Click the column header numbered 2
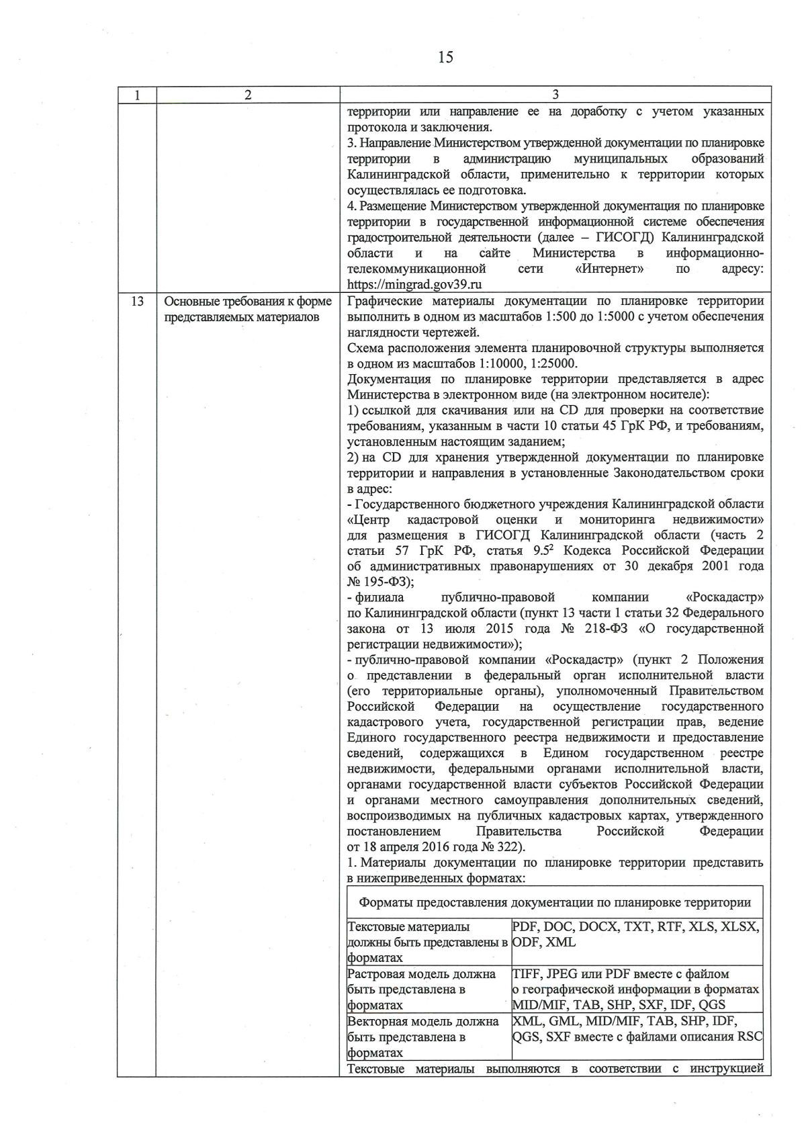pyautogui.click(x=248, y=95)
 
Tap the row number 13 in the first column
pyautogui.click(x=137, y=302)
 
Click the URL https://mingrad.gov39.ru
pyautogui.click(x=414, y=284)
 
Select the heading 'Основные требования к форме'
pyautogui.click(x=248, y=302)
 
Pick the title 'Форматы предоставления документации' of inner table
pyautogui.click(x=555, y=903)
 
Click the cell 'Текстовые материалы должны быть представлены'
pyautogui.click(x=428, y=942)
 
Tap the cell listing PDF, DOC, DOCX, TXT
pyautogui.click(x=635, y=934)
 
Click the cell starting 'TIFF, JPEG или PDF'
pyautogui.click(x=635, y=989)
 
